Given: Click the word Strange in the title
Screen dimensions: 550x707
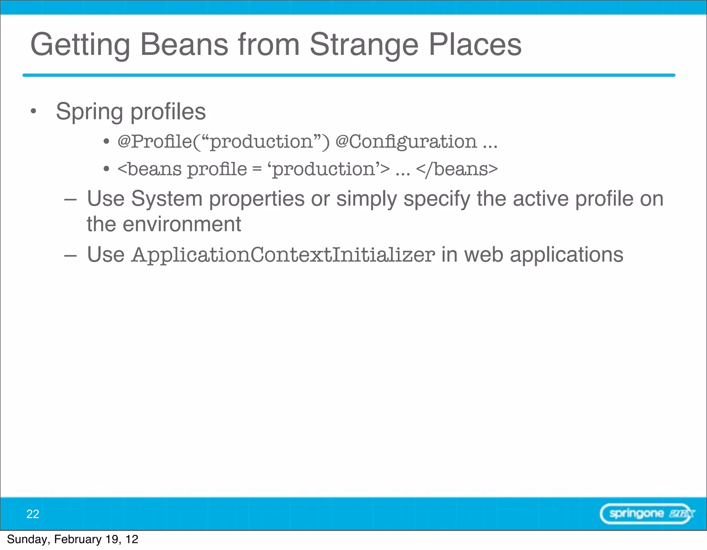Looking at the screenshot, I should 364,45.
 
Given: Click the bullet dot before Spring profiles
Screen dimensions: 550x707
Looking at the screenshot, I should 33,111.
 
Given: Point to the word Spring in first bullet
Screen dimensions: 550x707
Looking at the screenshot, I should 89,112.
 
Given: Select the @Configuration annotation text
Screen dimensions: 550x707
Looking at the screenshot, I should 406,142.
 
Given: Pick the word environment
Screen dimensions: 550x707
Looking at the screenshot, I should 182,224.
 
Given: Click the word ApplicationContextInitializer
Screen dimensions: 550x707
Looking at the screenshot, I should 283,255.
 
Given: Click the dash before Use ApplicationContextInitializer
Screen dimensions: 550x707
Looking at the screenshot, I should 70,255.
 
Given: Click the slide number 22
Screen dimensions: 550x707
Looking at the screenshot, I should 33,514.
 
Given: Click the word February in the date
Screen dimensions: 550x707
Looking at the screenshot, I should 78,539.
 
